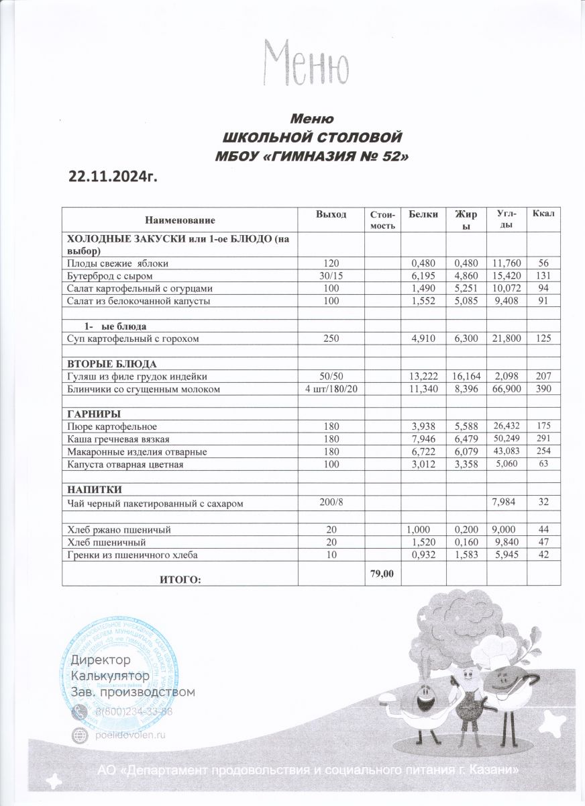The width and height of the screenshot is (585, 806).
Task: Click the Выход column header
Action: click(331, 214)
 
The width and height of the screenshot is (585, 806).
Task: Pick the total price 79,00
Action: click(382, 572)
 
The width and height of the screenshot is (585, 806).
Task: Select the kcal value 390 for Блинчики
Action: click(543, 389)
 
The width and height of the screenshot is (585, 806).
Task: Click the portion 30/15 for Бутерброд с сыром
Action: click(331, 276)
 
